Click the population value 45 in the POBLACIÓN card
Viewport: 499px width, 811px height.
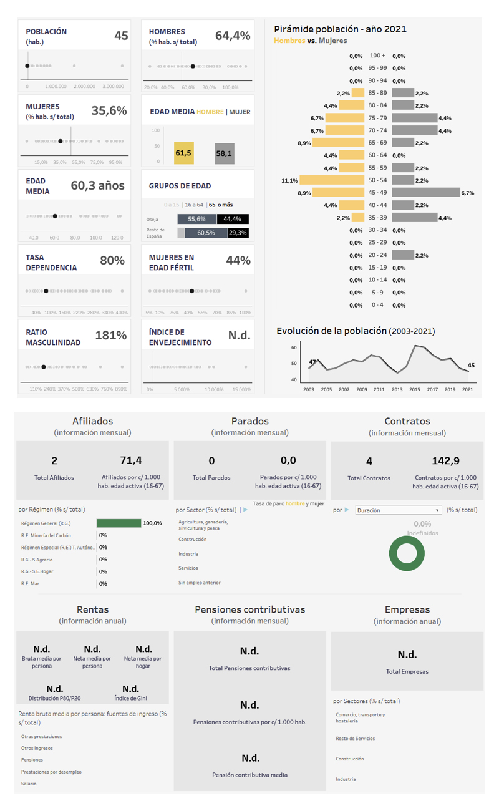(x=121, y=36)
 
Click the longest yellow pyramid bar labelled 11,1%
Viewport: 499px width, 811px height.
(x=332, y=180)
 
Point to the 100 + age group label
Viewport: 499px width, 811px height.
(x=377, y=56)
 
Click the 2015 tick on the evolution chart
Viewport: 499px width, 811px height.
(x=415, y=389)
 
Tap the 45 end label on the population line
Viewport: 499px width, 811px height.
(x=471, y=366)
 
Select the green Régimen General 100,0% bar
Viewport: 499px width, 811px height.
(x=119, y=523)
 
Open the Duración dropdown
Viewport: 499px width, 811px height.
(x=398, y=510)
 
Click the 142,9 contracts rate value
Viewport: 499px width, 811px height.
(x=445, y=461)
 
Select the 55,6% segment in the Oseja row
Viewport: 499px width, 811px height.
(x=196, y=219)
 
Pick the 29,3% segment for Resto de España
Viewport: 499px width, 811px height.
(x=237, y=233)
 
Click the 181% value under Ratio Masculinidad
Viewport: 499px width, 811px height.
(x=111, y=336)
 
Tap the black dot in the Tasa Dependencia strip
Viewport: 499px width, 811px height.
(x=46, y=291)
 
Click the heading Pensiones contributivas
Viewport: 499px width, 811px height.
(x=249, y=609)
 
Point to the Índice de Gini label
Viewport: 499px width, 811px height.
(x=130, y=699)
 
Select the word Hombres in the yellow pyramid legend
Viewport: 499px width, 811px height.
(x=289, y=41)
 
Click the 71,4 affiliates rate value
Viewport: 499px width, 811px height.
(x=131, y=461)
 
